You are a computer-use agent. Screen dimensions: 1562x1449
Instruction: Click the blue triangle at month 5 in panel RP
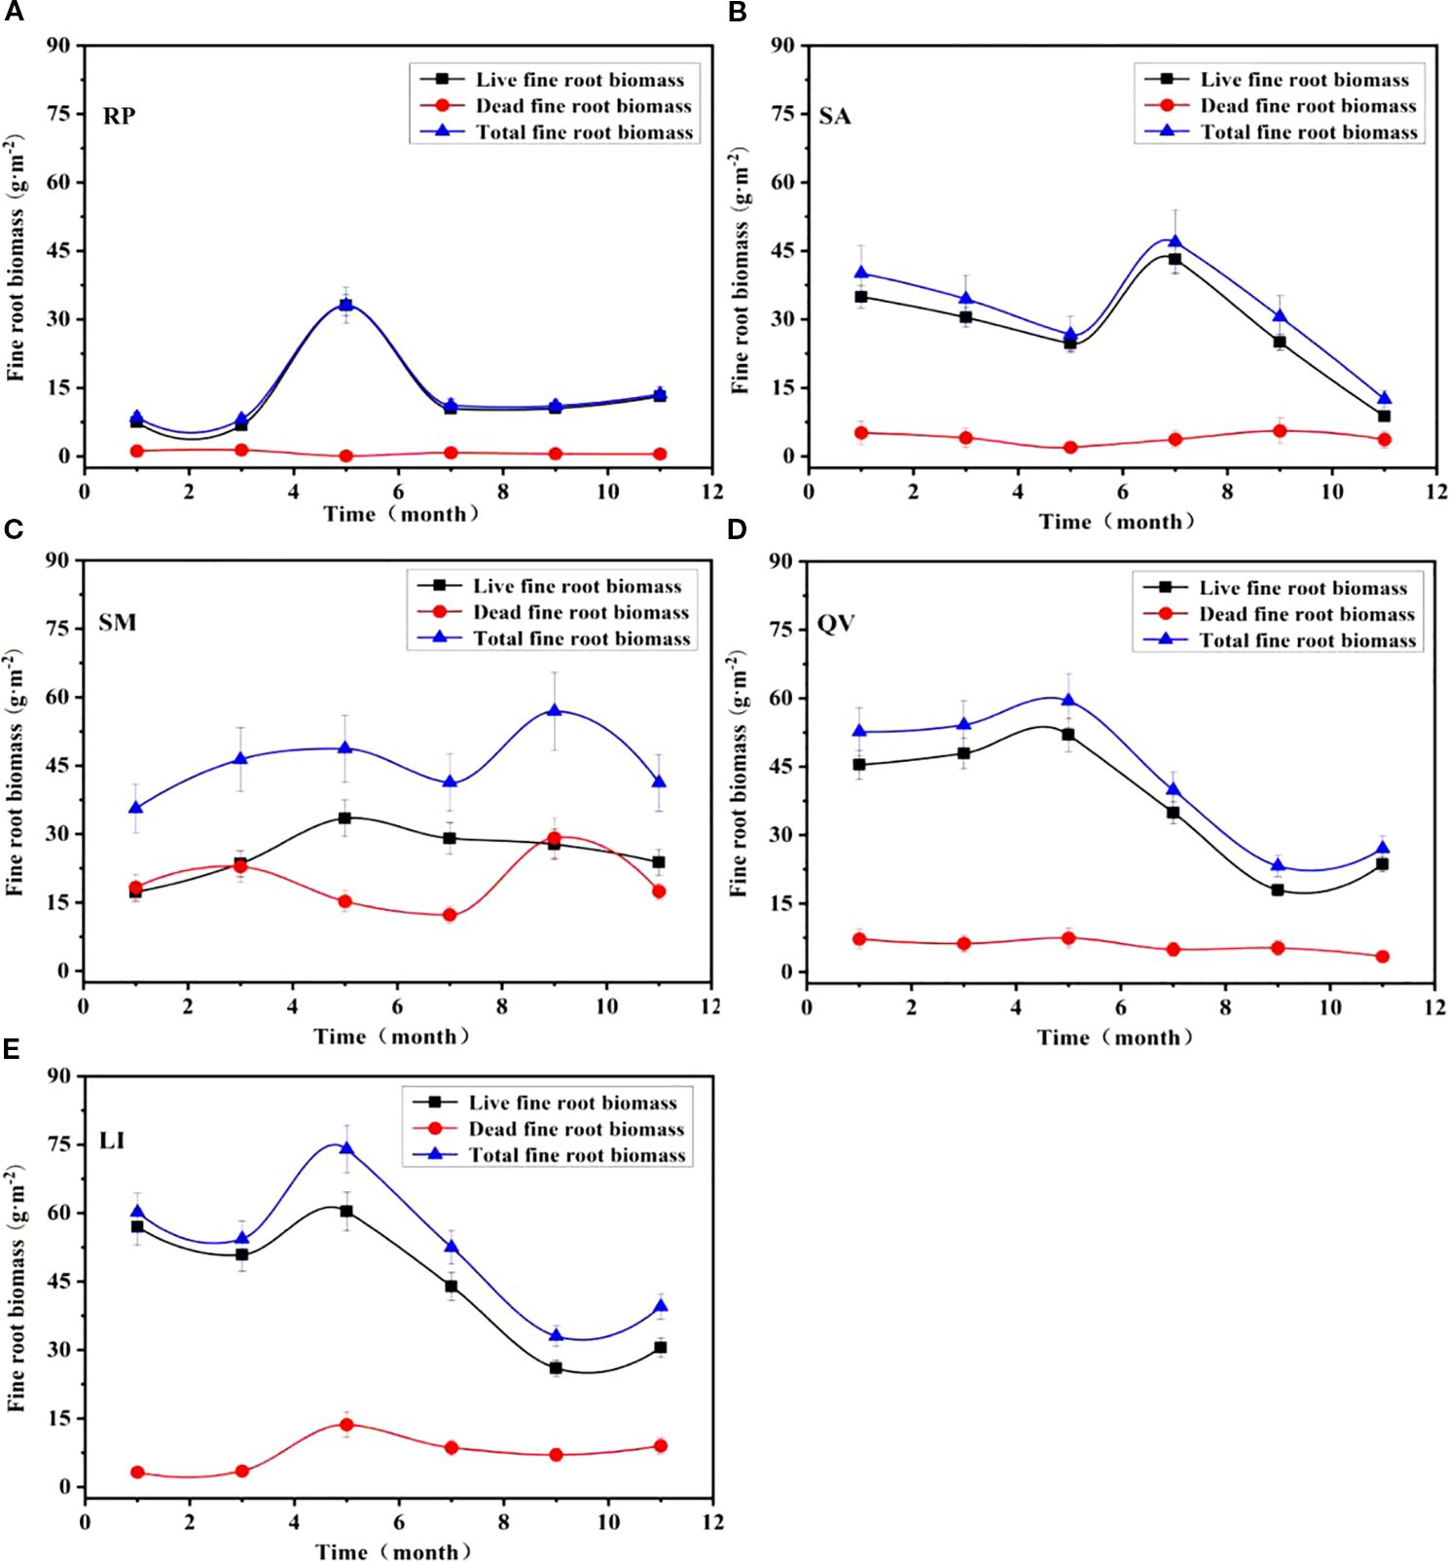pos(345,304)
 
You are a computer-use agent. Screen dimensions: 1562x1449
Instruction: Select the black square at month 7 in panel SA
pos(1175,259)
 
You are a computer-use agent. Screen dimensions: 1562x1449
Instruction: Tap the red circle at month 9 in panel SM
pos(554,838)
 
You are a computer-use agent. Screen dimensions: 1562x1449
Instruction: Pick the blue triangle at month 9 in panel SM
pos(554,710)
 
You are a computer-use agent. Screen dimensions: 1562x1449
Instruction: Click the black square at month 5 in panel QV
pos(1069,735)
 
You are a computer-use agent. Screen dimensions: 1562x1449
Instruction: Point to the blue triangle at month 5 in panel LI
pos(346,1148)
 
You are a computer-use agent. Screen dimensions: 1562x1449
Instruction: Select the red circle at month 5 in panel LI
pos(346,1424)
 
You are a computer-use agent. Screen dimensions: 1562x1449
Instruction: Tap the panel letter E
pos(12,1048)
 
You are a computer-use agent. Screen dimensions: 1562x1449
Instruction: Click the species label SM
pos(118,623)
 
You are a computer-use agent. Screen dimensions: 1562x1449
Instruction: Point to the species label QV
pos(836,623)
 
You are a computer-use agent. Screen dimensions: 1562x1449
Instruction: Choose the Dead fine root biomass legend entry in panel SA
pos(1307,106)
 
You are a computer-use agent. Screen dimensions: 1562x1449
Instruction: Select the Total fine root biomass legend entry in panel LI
pos(577,1155)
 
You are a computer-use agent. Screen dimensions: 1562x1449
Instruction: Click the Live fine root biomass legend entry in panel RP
pos(579,80)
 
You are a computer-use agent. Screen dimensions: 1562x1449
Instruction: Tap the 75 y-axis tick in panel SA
pos(781,114)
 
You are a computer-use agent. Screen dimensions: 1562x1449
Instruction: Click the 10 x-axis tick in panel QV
pos(1329,1007)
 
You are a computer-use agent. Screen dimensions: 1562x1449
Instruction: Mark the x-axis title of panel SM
pos(391,1036)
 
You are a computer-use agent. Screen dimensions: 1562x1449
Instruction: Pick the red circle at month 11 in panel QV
pos(1382,957)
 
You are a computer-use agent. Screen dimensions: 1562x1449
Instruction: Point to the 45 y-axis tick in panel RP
pos(57,251)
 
